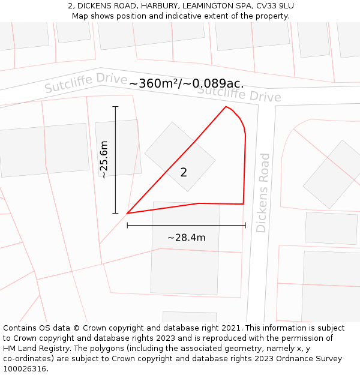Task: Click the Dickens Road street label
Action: pos(262,193)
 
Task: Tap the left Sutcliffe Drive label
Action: pos(86,83)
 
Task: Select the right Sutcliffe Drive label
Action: pos(239,94)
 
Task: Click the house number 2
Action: pos(184,173)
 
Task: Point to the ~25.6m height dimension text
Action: pos(104,160)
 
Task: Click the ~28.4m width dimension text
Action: pos(186,238)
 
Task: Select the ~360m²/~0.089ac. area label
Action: pos(186,83)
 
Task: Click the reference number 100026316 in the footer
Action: pos(24,369)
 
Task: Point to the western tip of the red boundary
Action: pos(127,213)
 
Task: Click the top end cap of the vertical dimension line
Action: pos(115,107)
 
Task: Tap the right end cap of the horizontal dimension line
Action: pos(245,226)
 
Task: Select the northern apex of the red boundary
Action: pos(226,107)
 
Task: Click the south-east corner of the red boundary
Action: pos(243,204)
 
